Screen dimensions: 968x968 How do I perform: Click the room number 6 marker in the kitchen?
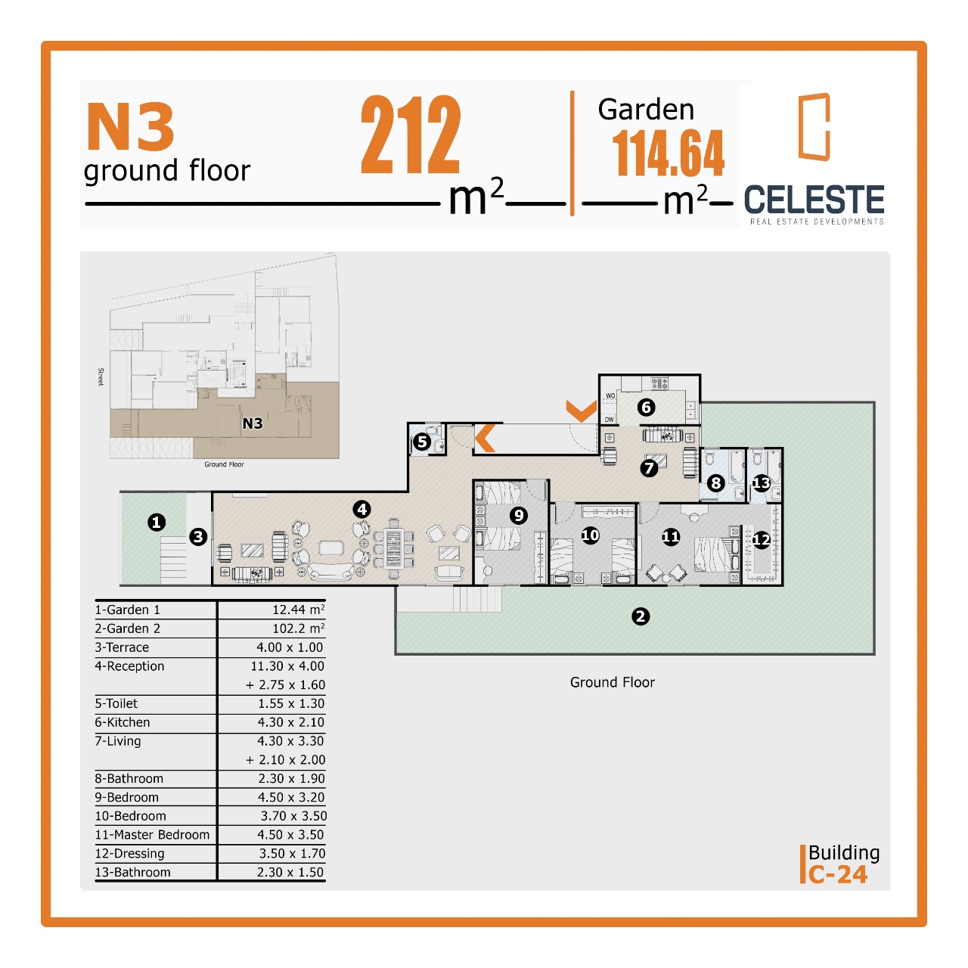click(x=646, y=407)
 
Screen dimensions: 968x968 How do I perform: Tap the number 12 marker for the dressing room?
click(x=761, y=540)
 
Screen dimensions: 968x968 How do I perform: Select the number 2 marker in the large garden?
click(x=640, y=616)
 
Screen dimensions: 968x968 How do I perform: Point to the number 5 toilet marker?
click(x=422, y=442)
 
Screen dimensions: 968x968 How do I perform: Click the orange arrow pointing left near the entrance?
click(x=486, y=438)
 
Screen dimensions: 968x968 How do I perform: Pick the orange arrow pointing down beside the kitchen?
click(x=582, y=411)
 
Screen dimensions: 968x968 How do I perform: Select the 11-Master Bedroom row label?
click(x=152, y=834)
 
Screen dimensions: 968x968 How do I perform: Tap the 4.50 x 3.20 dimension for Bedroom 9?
click(x=291, y=797)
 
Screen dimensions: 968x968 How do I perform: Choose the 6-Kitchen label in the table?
click(x=123, y=722)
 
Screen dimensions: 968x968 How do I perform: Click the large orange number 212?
click(x=411, y=134)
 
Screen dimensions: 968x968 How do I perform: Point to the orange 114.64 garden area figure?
click(x=668, y=154)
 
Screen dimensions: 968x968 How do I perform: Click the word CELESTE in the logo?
click(x=814, y=200)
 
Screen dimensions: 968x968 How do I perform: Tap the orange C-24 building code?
click(x=837, y=874)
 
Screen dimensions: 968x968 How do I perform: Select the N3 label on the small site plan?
click(x=252, y=423)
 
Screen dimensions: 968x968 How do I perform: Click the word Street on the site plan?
click(x=101, y=377)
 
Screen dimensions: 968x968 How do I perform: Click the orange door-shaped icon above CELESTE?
click(x=813, y=126)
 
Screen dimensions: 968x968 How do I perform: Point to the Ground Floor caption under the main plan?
click(x=612, y=682)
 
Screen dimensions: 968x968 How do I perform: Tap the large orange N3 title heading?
click(x=131, y=126)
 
